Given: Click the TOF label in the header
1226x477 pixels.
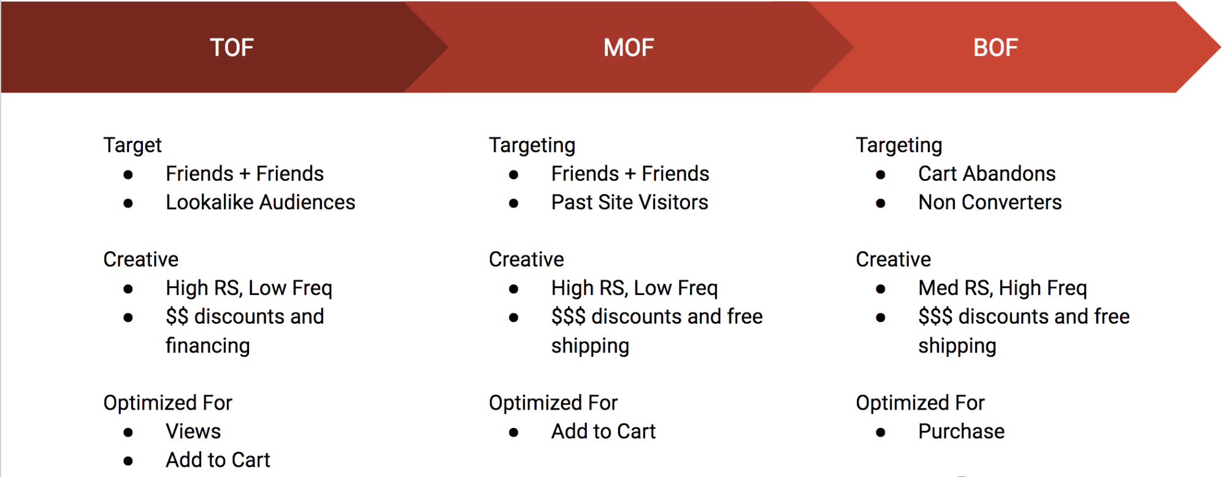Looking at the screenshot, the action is click(232, 48).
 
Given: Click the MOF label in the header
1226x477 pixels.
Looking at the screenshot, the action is click(629, 48).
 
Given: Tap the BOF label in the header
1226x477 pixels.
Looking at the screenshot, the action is click(995, 48).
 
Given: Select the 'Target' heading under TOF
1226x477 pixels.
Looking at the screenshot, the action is click(132, 145).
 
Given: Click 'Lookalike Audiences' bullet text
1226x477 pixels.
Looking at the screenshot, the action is click(261, 202).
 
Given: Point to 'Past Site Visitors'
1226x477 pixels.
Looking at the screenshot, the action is click(630, 202).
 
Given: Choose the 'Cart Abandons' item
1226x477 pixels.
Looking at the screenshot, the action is click(987, 174).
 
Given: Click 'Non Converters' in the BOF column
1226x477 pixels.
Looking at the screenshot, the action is click(990, 202).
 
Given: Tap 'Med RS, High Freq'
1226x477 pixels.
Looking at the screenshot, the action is click(1003, 288).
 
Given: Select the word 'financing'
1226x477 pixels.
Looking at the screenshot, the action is click(208, 346).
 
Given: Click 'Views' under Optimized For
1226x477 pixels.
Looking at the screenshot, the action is click(193, 432).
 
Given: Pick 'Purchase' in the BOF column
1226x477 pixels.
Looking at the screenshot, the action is click(961, 432).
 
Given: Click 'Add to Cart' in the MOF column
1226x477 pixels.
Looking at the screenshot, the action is click(603, 432).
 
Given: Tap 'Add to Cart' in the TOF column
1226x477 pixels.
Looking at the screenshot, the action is click(218, 460).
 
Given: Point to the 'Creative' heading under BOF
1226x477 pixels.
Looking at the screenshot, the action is click(893, 259).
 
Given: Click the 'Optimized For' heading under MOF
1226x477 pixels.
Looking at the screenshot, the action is click(553, 403).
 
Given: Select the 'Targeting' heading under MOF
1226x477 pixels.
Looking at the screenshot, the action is click(532, 145).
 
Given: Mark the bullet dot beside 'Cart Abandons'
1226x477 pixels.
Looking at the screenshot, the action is click(881, 175).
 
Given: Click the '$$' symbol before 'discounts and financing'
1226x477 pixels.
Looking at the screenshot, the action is click(177, 317).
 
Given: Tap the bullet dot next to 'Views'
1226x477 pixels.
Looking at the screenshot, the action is click(128, 433).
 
